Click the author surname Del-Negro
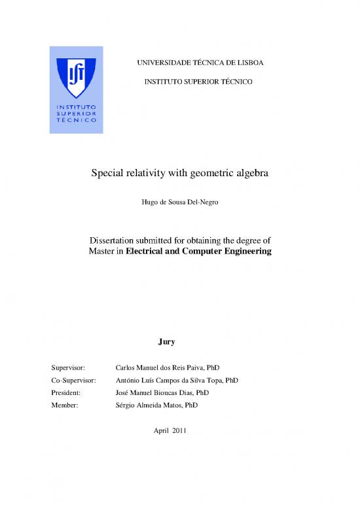200,203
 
